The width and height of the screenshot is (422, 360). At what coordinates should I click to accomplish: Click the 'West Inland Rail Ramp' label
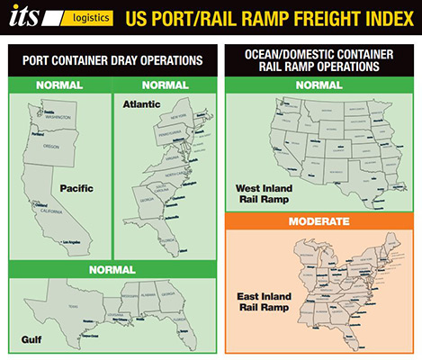pyautogui.click(x=261, y=194)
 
